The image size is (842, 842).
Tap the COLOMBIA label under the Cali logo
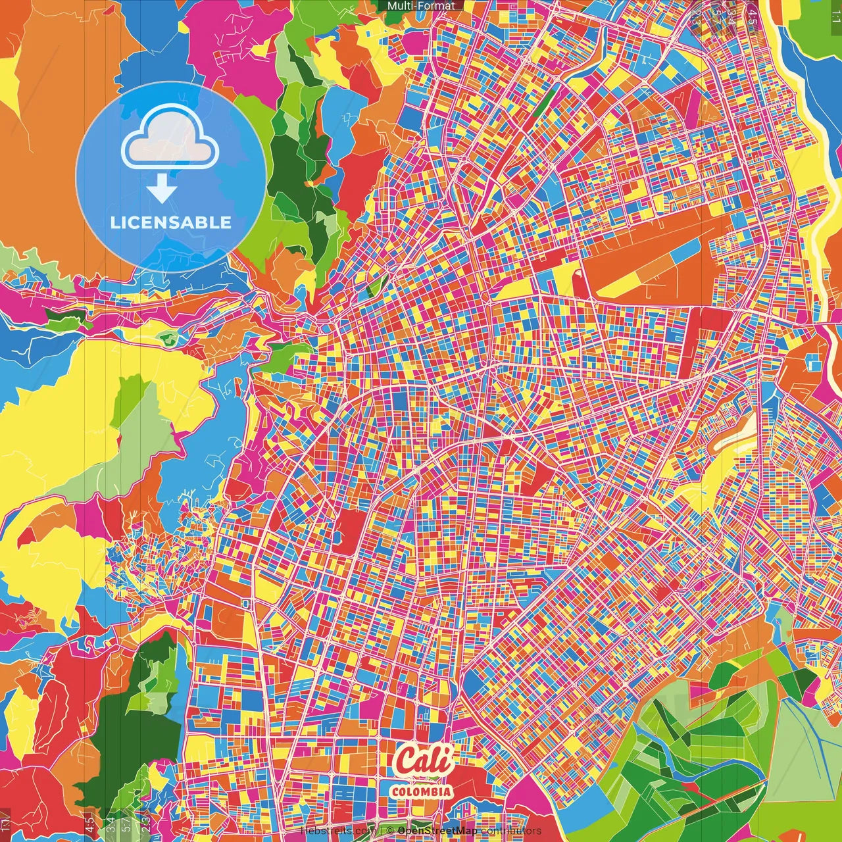(x=421, y=791)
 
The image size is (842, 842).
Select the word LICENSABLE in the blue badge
(x=171, y=222)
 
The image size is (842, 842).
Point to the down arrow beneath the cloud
(x=161, y=191)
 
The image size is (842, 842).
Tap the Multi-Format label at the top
(x=421, y=6)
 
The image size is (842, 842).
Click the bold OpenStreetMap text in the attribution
(x=437, y=831)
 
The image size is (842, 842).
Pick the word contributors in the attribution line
(x=511, y=831)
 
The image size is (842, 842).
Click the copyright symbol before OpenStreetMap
(x=389, y=831)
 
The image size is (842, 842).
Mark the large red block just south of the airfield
(x=703, y=329)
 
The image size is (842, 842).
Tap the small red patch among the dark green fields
(x=691, y=786)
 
